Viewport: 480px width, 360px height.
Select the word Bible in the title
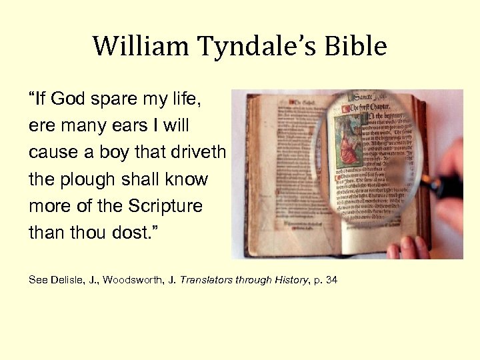click(x=357, y=47)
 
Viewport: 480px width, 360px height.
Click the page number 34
click(x=332, y=280)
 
